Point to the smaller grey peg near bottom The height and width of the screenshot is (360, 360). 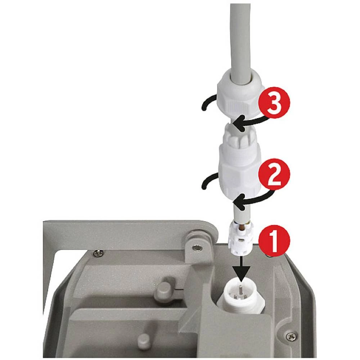tap(144, 338)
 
